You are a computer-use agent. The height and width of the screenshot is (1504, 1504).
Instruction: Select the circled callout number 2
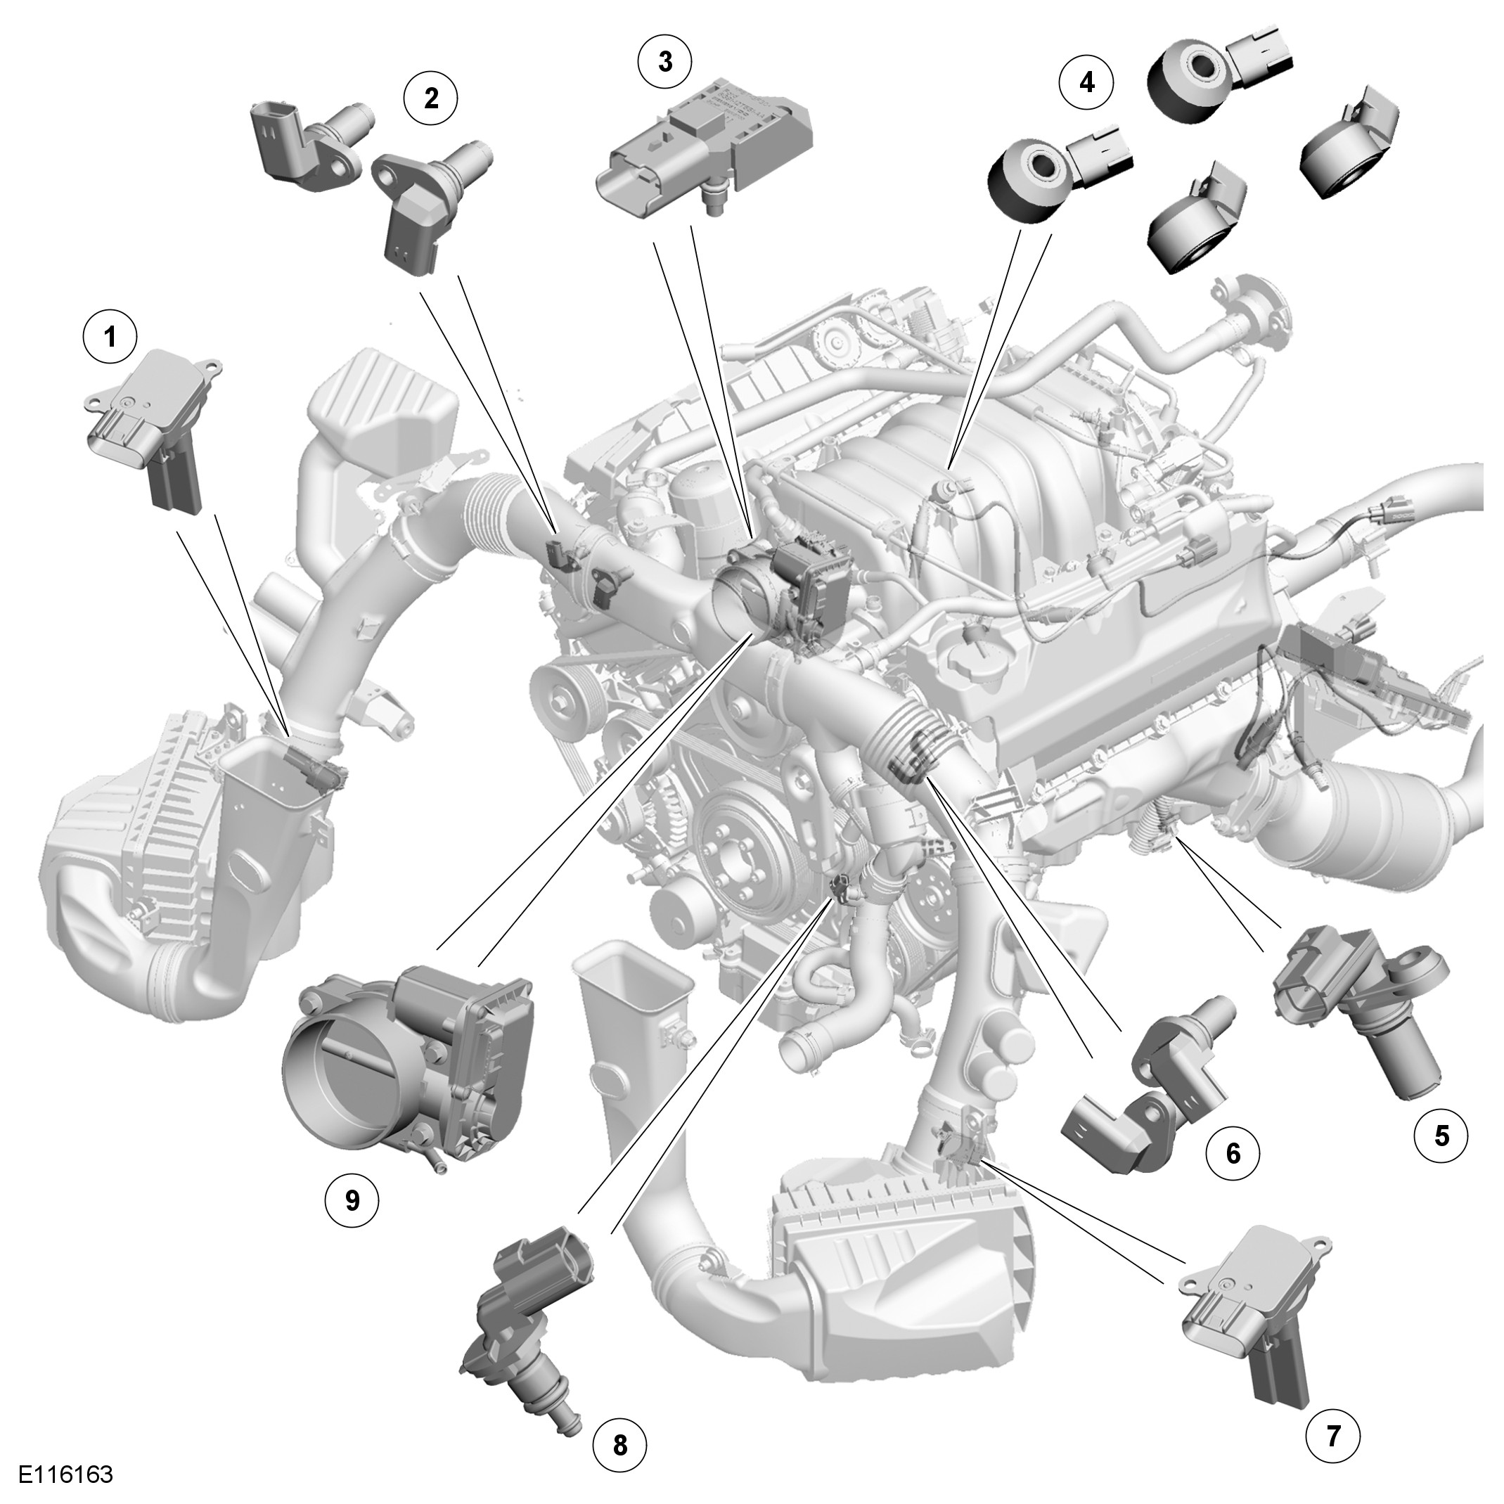pos(430,98)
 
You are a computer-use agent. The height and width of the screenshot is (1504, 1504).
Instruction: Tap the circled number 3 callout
pos(665,61)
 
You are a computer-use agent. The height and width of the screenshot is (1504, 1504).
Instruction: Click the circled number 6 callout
pos(1233,1175)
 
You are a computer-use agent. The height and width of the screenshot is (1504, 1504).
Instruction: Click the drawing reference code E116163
pos(66,1475)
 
